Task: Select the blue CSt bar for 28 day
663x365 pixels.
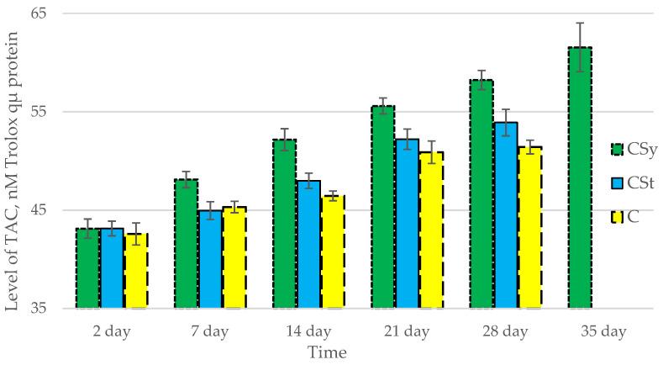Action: coord(506,215)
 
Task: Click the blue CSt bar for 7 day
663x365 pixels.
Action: coord(211,259)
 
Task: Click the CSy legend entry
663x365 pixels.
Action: coord(629,149)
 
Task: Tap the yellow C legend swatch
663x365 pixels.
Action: coord(618,217)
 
